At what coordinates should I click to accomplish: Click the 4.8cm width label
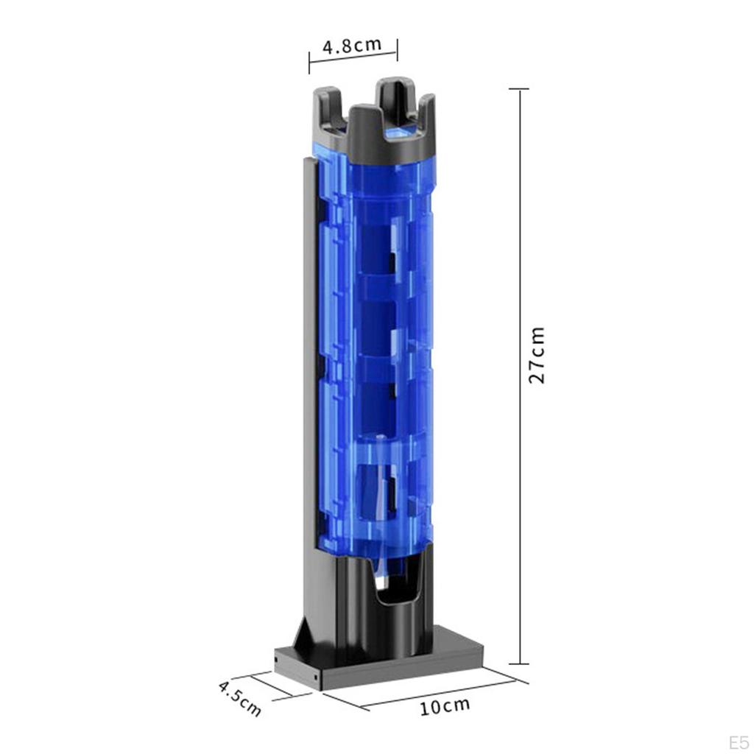pos(352,45)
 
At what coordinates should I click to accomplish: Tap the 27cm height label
pos(538,355)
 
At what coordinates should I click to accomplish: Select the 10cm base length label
pos(444,707)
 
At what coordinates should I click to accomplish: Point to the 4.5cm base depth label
pos(240,699)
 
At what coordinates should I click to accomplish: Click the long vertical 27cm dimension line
pos(520,442)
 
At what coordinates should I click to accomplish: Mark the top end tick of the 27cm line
pos(519,89)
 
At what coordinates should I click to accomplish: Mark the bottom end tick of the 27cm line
pos(519,663)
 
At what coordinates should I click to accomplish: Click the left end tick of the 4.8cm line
pos(309,62)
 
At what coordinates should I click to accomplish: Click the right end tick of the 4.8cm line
pos(398,50)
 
